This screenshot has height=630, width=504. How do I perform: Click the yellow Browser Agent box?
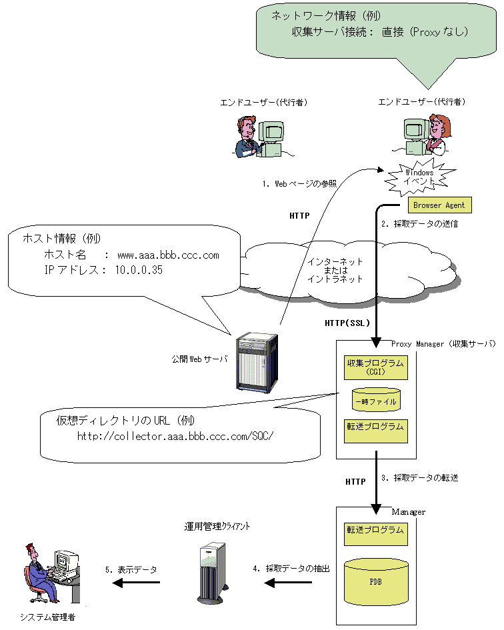440,205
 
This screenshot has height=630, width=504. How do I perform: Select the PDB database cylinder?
376,582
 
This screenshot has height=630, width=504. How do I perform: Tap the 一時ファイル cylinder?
376,400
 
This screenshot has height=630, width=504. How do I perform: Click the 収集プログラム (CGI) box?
376,367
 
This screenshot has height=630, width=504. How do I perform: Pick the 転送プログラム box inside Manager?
376,534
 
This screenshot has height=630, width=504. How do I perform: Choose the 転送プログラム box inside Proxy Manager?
376,431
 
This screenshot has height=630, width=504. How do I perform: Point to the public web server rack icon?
257,363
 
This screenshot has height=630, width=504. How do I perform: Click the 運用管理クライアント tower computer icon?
212,573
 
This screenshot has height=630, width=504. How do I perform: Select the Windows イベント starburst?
419,177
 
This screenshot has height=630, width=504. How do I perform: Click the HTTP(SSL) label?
347,323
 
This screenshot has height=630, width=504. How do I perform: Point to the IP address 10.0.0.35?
139,270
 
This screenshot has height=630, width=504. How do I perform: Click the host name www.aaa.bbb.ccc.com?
169,255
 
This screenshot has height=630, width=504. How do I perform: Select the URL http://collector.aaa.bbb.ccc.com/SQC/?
175,436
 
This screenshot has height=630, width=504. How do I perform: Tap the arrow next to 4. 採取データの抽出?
288,583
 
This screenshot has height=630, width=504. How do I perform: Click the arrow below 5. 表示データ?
136,583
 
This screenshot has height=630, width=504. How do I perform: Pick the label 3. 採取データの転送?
419,478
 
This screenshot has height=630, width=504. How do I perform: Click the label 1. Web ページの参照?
299,183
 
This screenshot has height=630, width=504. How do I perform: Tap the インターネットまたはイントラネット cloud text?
335,271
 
